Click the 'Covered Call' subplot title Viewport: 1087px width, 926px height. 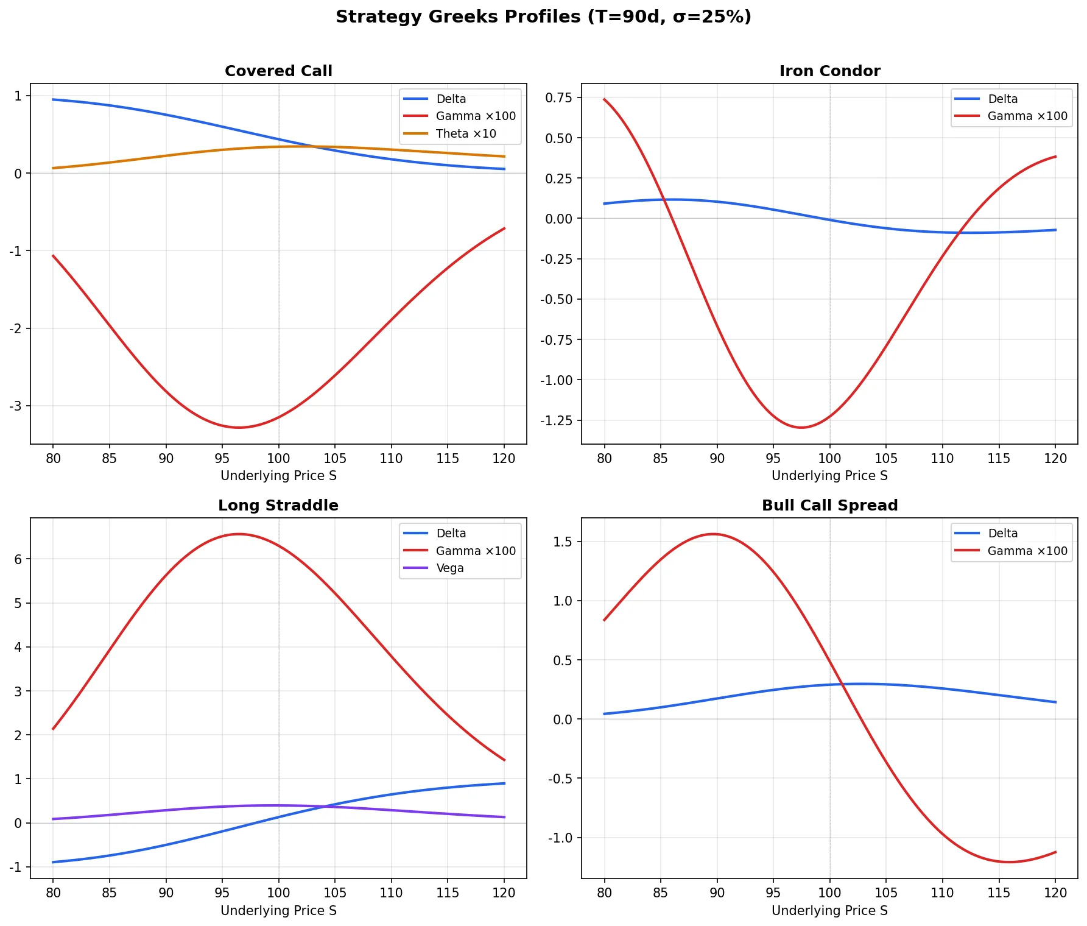point(278,71)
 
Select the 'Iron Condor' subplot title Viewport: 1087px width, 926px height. point(829,71)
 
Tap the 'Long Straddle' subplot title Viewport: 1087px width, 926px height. point(278,506)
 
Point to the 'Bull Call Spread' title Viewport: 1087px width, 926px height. point(829,506)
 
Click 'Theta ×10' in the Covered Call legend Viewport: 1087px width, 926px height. point(466,133)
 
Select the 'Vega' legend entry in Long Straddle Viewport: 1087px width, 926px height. point(450,568)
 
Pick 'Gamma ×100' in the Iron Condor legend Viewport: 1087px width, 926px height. point(1027,116)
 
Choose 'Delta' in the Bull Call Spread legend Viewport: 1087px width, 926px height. point(1002,533)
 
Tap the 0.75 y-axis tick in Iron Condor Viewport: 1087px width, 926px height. point(559,97)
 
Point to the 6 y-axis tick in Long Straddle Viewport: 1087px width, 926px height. point(18,559)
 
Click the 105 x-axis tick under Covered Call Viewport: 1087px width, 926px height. point(335,459)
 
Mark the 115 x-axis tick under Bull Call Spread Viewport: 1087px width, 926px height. point(999,893)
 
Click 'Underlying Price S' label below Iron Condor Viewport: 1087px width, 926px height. point(829,476)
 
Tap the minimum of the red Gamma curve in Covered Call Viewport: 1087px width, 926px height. point(239,428)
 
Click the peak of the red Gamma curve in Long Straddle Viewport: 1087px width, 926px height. point(239,534)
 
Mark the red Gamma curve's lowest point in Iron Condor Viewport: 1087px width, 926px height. point(801,428)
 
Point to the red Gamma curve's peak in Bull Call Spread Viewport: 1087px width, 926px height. point(713,534)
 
